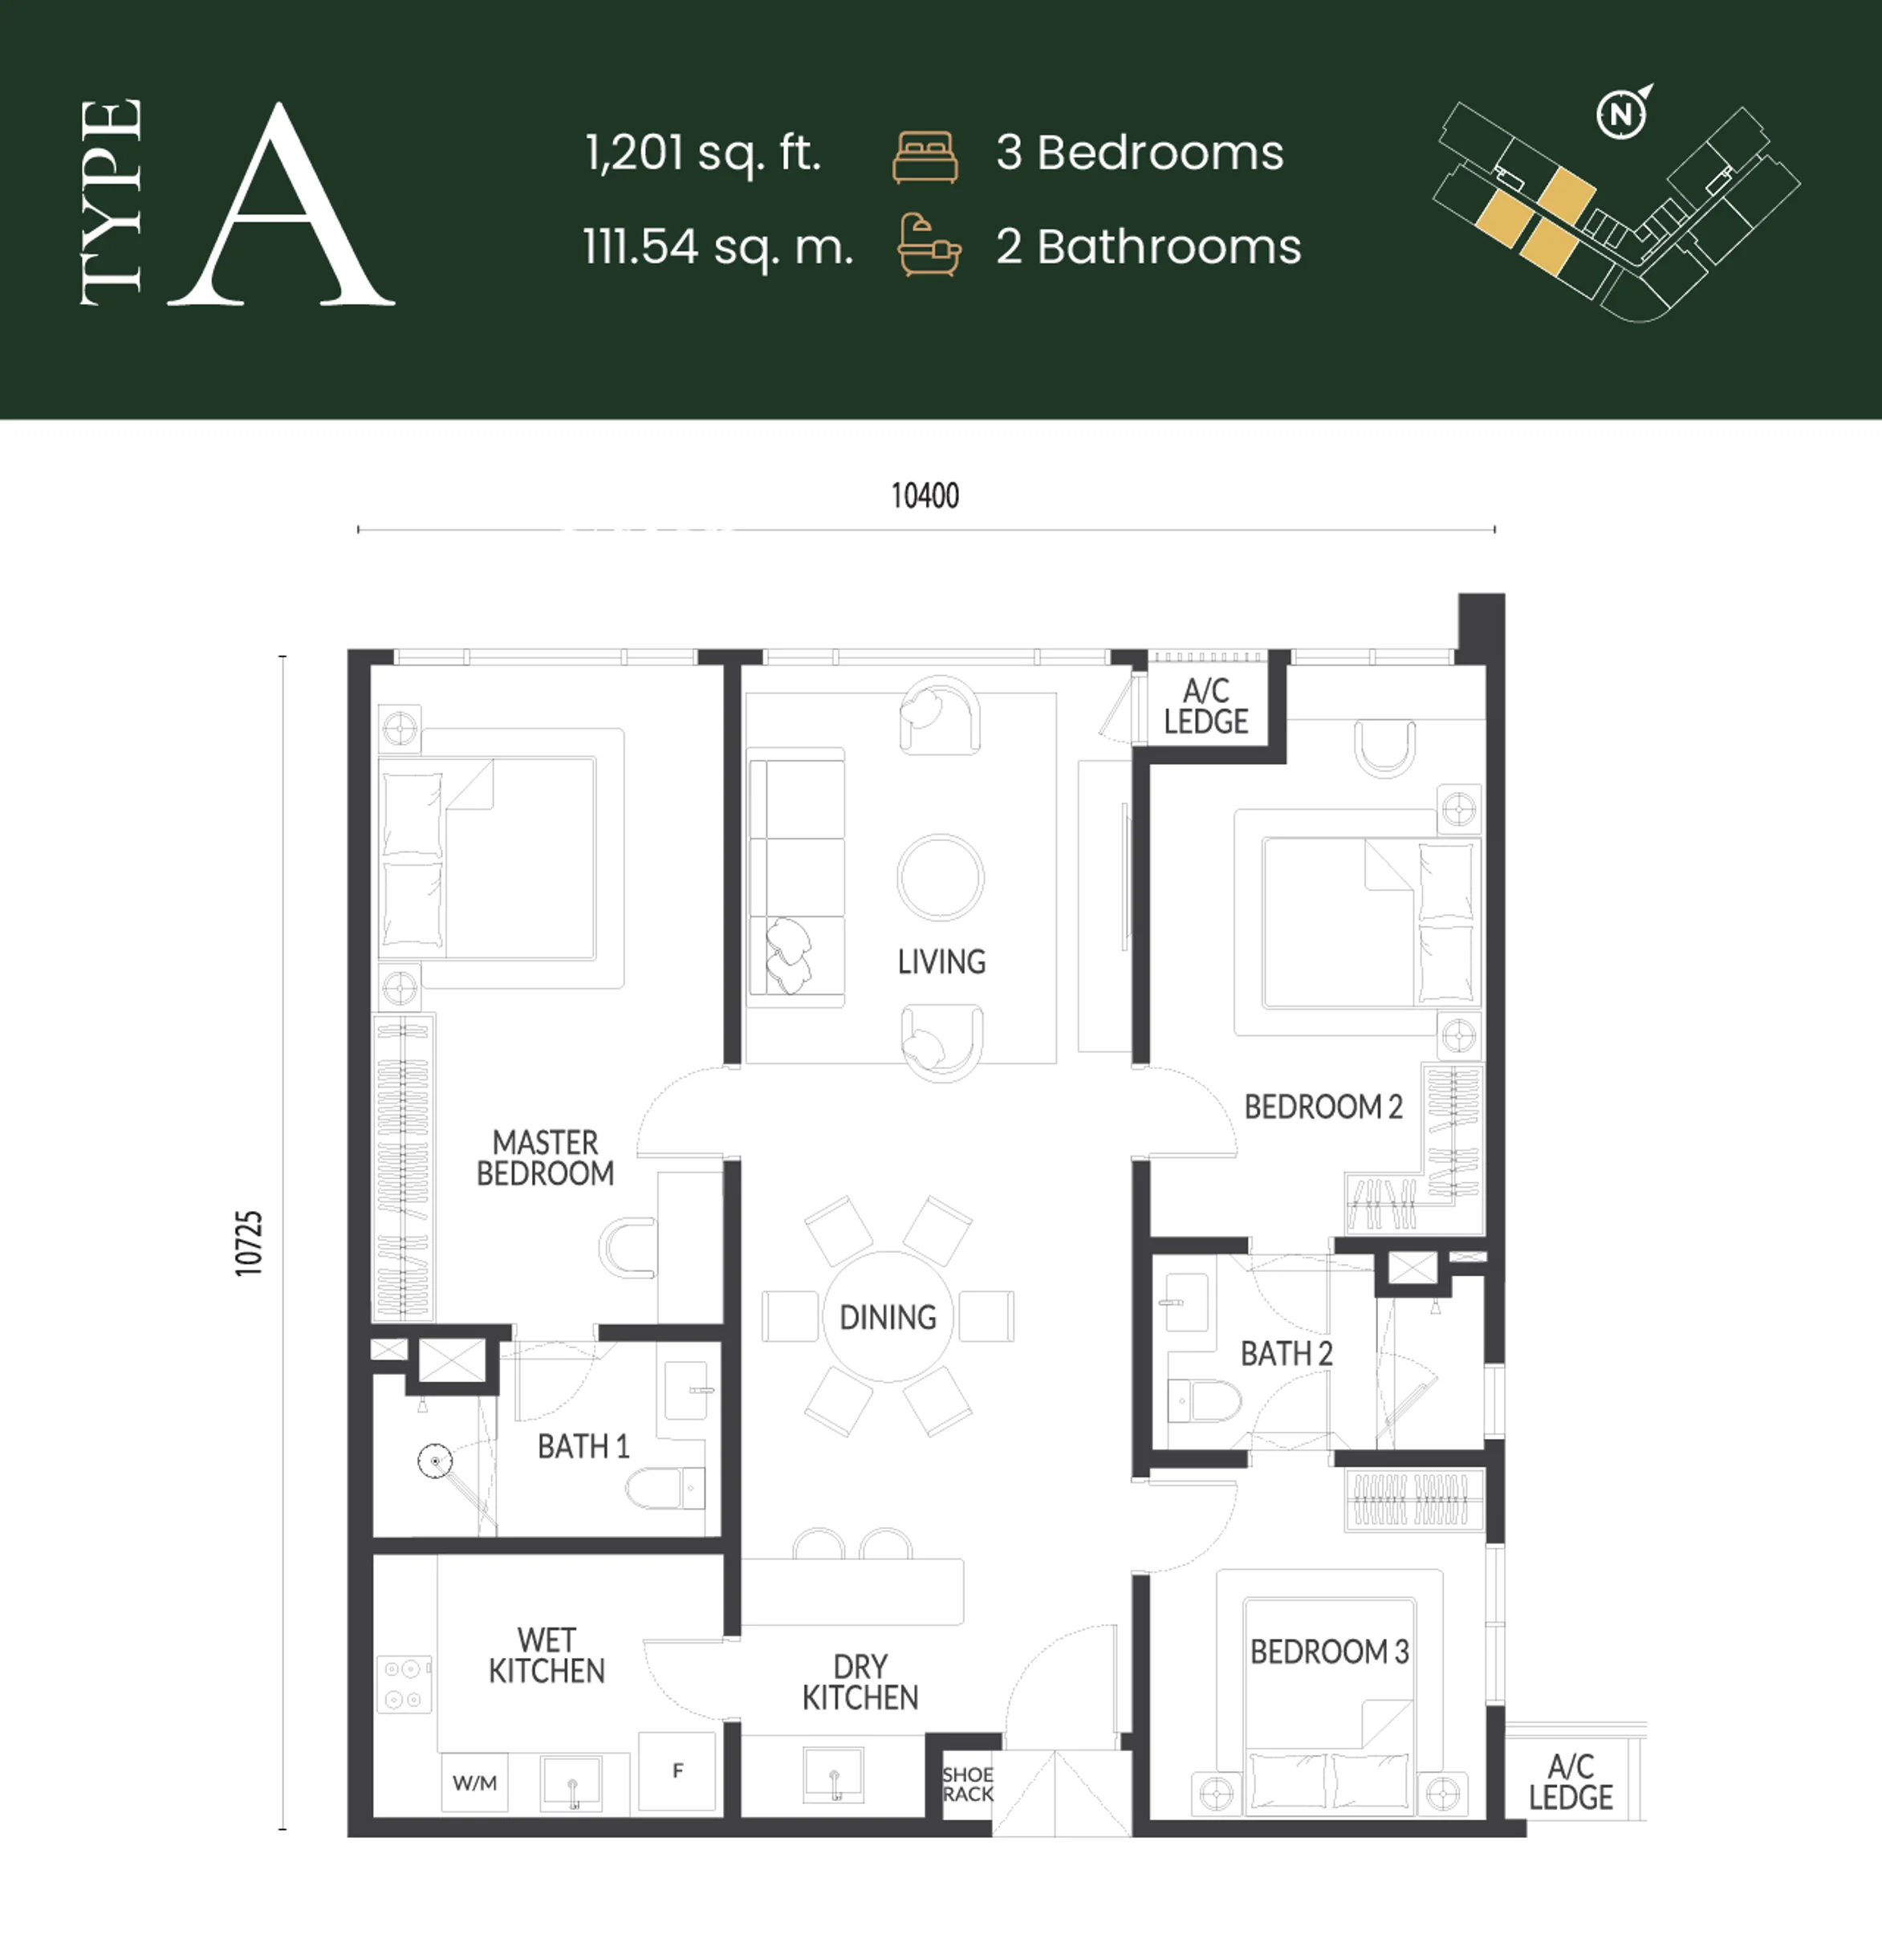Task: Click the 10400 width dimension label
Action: coord(925,496)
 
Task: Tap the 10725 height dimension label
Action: coord(249,1242)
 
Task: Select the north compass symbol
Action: coord(1621,114)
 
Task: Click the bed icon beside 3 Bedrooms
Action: coord(925,157)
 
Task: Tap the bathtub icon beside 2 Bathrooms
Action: coord(929,245)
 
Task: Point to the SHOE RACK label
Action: coord(968,1784)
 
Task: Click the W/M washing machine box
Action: coord(475,1782)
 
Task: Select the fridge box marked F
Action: coord(677,1772)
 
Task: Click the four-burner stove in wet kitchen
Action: coord(404,1685)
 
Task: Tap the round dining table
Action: coord(888,1316)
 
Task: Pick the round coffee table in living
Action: coord(941,877)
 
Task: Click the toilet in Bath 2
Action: coord(1203,1400)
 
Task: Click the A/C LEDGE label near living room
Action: coord(1205,705)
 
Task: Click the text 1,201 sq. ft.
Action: coord(702,153)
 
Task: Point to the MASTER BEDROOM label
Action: coord(546,1157)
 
